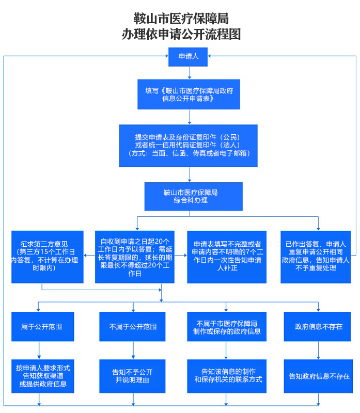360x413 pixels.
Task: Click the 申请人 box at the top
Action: click(x=188, y=56)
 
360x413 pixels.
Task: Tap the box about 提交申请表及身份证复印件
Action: click(x=189, y=145)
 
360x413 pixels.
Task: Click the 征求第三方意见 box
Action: click(x=48, y=257)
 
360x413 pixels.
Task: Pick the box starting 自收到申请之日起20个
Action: click(x=135, y=257)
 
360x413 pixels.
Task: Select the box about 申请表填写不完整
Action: click(x=227, y=257)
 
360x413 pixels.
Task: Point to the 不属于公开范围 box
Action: click(x=133, y=326)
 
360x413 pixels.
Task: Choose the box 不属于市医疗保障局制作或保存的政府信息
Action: click(x=227, y=326)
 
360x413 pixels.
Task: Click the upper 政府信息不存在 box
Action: click(x=318, y=326)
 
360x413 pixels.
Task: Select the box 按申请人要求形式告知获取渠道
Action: click(x=43, y=376)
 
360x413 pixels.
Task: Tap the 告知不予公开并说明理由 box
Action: click(x=133, y=376)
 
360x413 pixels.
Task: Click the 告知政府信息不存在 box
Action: click(x=319, y=376)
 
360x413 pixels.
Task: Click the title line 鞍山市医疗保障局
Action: click(x=180, y=19)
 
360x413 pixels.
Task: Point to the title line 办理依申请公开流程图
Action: click(x=180, y=35)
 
